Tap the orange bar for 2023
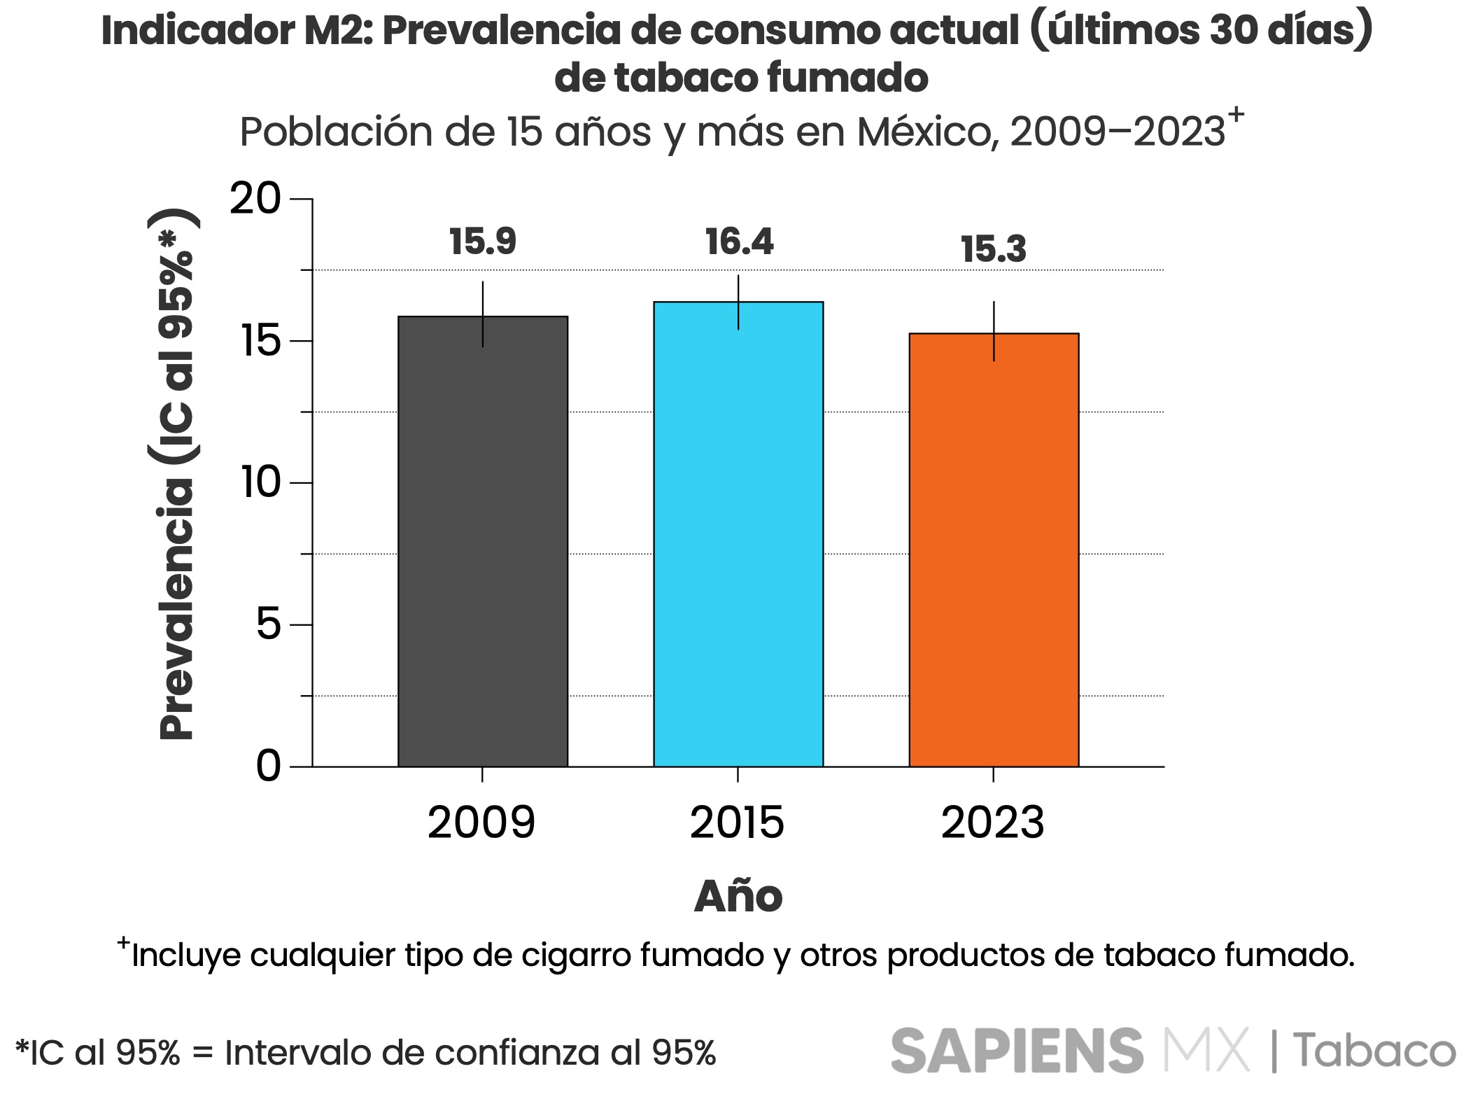(994, 549)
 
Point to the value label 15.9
(482, 242)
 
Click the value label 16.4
(739, 242)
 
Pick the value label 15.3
(994, 250)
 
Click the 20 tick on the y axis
(255, 199)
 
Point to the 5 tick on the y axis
(267, 624)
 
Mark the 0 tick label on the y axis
(267, 766)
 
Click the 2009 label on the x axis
(481, 822)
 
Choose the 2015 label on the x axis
(737, 822)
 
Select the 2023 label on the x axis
(992, 822)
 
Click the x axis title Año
(738, 897)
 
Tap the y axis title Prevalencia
(176, 609)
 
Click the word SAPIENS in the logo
(1017, 1051)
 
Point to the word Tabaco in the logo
(1374, 1051)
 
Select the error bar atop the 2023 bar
(994, 330)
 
